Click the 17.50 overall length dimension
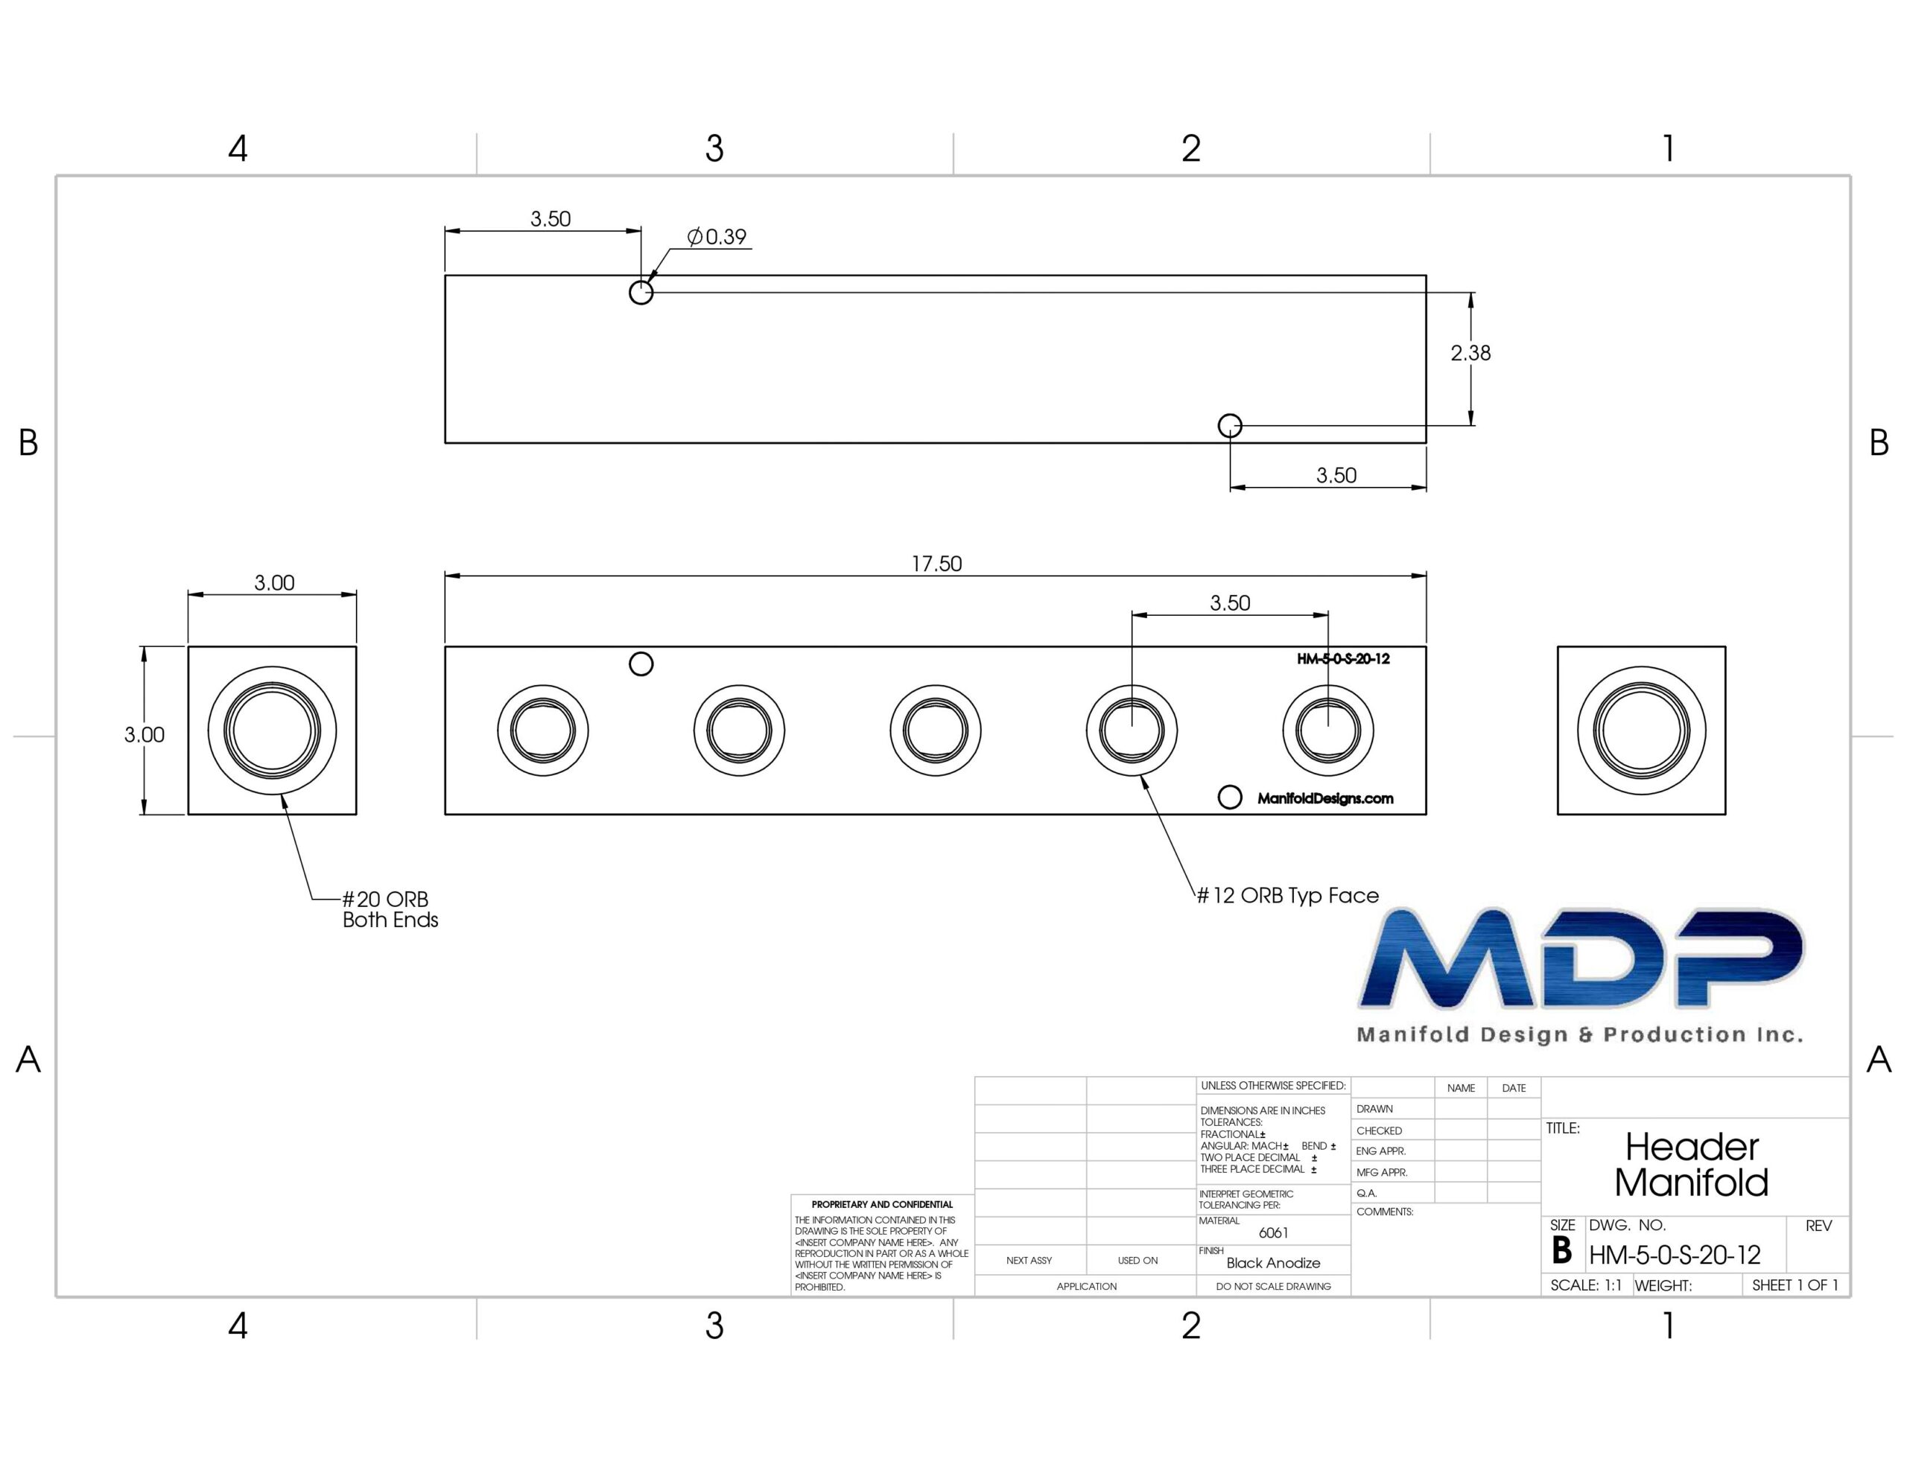[x=936, y=564]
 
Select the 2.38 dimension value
[x=1470, y=353]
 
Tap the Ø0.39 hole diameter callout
[x=717, y=237]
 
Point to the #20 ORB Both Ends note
[x=390, y=909]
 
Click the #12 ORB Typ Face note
[x=1287, y=896]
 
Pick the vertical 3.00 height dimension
[x=144, y=735]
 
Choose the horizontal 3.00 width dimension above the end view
[x=274, y=582]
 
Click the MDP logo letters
[x=1581, y=958]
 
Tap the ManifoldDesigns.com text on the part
[x=1324, y=798]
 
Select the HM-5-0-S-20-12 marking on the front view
[x=1343, y=659]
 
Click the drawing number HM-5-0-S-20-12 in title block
[x=1674, y=1256]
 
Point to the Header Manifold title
[x=1691, y=1165]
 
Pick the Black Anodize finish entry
[x=1273, y=1262]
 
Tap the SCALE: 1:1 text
[x=1586, y=1285]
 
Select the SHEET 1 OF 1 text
[x=1795, y=1285]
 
